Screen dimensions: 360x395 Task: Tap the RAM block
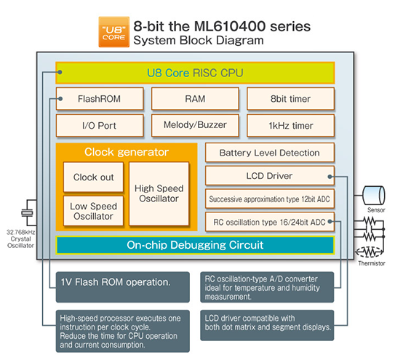[194, 98]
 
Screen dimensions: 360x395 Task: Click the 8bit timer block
[290, 98]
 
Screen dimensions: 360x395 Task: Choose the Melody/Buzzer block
[194, 125]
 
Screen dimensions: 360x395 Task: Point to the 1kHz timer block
[290, 125]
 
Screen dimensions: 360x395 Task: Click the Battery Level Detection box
[269, 153]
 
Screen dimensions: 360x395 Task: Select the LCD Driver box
[269, 175]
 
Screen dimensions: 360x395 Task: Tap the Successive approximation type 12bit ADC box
[269, 199]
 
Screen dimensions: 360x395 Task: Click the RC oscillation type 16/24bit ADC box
[269, 221]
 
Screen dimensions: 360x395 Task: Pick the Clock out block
[93, 177]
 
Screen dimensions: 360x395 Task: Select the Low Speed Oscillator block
[93, 211]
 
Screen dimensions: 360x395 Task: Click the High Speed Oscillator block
[159, 193]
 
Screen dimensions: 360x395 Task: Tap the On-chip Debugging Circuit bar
[195, 244]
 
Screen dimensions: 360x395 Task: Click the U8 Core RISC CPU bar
[195, 73]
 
